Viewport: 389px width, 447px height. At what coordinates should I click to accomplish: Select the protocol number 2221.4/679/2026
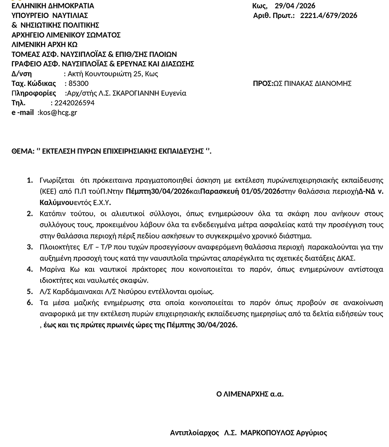[x=329, y=16]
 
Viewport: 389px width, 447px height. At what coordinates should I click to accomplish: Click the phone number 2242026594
[x=73, y=103]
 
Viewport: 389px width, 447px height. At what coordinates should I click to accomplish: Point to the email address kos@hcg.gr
[x=58, y=113]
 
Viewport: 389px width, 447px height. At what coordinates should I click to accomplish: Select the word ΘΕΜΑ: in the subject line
[x=22, y=151]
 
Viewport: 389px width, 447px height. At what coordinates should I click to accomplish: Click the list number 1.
[x=29, y=180]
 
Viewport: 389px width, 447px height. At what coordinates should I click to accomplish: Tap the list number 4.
[x=29, y=270]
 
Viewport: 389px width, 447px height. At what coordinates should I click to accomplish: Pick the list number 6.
[x=29, y=303]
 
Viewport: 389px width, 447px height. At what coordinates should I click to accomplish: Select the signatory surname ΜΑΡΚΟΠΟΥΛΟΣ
[x=268, y=433]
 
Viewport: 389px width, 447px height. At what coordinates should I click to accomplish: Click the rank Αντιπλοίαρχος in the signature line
[x=194, y=433]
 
